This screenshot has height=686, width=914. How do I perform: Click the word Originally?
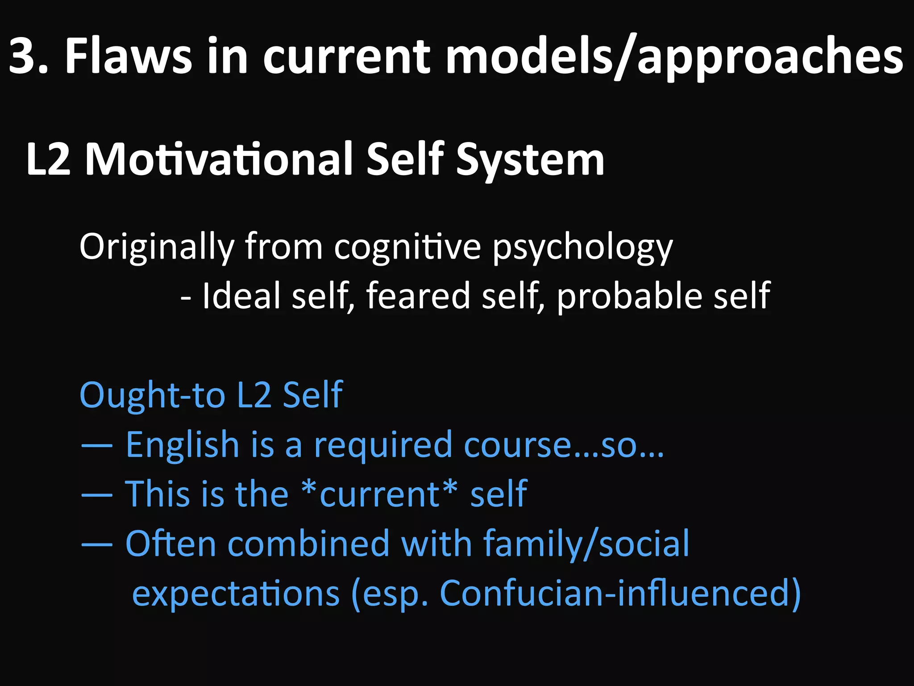tap(157, 247)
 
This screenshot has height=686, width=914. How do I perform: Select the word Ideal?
tap(241, 296)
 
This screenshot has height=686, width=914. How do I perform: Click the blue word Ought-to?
tap(152, 396)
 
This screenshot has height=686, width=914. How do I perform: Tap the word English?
tap(183, 445)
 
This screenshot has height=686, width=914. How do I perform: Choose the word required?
tap(383, 446)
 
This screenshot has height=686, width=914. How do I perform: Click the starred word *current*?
tap(379, 494)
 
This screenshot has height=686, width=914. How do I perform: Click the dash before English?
tap(97, 446)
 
